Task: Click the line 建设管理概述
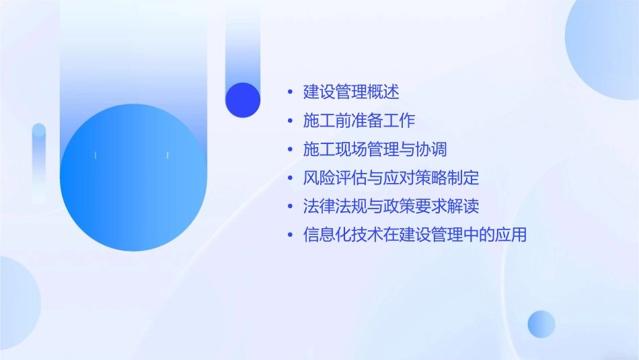click(351, 92)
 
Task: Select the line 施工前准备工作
click(359, 120)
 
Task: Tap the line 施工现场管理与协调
click(375, 149)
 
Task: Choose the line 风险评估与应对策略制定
click(391, 178)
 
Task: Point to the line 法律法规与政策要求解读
click(391, 207)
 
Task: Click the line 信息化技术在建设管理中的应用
click(415, 236)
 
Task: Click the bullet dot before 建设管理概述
click(290, 92)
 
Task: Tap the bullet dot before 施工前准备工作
click(290, 121)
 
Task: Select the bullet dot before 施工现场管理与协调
click(290, 150)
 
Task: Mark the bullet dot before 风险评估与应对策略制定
click(290, 179)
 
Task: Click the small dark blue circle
click(243, 100)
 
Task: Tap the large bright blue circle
click(133, 178)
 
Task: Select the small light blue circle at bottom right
click(541, 324)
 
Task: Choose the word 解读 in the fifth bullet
click(463, 207)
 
